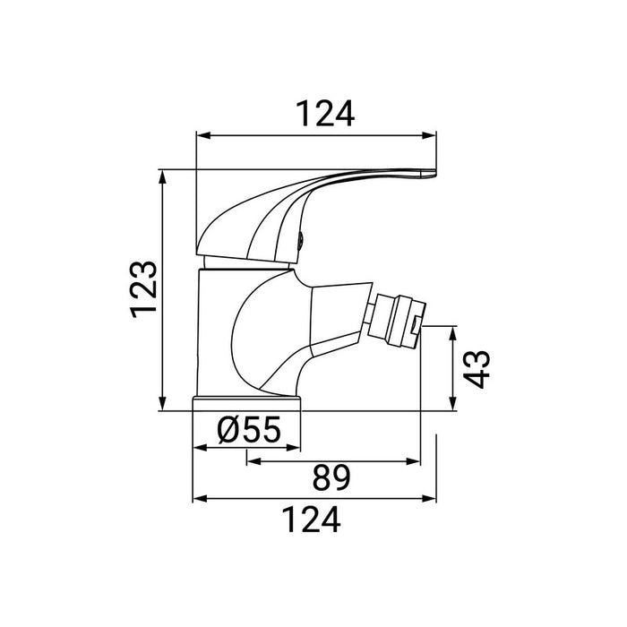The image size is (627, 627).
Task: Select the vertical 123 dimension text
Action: pyautogui.click(x=142, y=289)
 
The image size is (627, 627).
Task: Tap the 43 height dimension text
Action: pyautogui.click(x=479, y=368)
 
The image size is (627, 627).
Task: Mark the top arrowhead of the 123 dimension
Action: pyautogui.click(x=161, y=176)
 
